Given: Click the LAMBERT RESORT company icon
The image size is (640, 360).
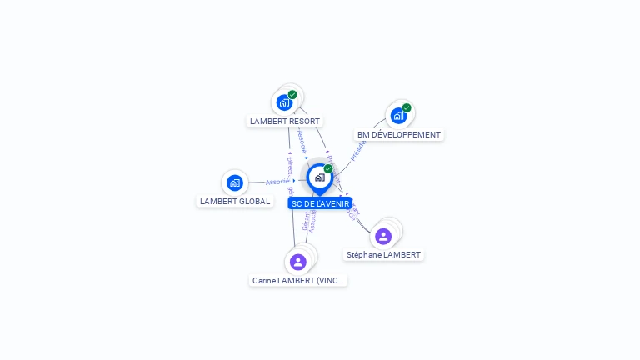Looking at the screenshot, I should pyautogui.click(x=284, y=102).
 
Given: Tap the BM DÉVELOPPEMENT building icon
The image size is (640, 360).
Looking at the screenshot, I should pyautogui.click(x=398, y=116).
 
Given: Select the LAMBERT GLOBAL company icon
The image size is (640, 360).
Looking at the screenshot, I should pyautogui.click(x=234, y=182).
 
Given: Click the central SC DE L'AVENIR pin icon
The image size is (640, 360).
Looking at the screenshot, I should pyautogui.click(x=319, y=177).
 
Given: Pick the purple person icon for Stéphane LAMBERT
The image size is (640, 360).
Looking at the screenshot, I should pyautogui.click(x=383, y=237).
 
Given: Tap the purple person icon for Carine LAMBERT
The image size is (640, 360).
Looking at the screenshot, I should pyautogui.click(x=298, y=262).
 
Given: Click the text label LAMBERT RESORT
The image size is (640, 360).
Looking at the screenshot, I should pyautogui.click(x=285, y=121).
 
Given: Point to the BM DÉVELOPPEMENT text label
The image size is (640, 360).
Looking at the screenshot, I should pyautogui.click(x=399, y=134).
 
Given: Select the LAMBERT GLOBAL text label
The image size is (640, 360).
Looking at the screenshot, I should pyautogui.click(x=235, y=201).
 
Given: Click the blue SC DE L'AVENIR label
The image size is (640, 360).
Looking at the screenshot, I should pyautogui.click(x=320, y=203).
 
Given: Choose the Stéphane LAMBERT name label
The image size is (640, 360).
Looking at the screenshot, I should pyautogui.click(x=384, y=254).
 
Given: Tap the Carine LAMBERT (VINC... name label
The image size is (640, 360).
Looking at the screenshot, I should pyautogui.click(x=298, y=281).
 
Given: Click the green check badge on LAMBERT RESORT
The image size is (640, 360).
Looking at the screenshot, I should pyautogui.click(x=292, y=95).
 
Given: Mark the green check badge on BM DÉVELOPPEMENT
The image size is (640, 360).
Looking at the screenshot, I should pyautogui.click(x=407, y=107).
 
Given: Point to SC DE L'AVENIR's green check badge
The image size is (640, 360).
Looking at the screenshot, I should pyautogui.click(x=328, y=169).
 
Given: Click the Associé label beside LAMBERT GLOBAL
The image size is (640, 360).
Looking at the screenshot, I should pyautogui.click(x=277, y=181).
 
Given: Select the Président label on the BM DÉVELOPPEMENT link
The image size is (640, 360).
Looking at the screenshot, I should pyautogui.click(x=359, y=149).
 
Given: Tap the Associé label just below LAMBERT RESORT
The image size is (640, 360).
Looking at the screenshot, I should pyautogui.click(x=302, y=139).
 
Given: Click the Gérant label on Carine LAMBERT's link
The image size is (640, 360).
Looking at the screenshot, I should pyautogui.click(x=306, y=220).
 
